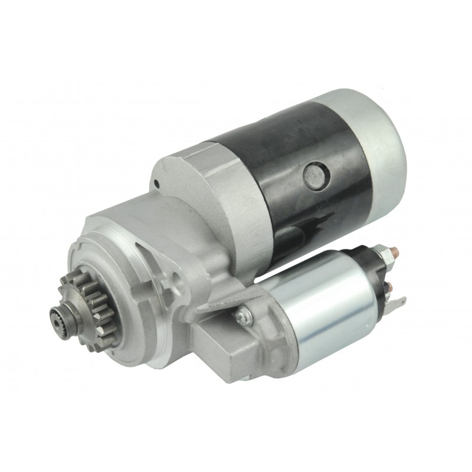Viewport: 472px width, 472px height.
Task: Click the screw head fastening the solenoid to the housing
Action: coord(241,317)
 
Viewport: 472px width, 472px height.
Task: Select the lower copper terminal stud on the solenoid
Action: coord(389,288)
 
